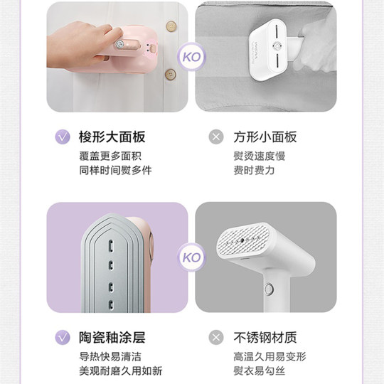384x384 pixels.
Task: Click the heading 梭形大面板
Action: (112, 137)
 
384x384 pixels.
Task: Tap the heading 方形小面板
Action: (265, 137)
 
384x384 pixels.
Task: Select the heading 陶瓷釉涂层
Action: (112, 337)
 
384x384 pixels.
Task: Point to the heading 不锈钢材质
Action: (265, 337)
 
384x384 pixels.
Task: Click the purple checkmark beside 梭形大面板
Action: (63, 137)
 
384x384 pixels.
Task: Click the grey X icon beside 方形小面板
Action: (216, 137)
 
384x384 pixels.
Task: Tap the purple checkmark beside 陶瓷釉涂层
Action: (63, 337)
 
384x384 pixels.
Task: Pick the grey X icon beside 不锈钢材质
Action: (216, 337)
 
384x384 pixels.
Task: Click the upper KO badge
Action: (191, 57)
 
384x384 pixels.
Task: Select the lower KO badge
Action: (191, 257)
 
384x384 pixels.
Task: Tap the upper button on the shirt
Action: (171, 26)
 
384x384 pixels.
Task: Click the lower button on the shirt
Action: (171, 75)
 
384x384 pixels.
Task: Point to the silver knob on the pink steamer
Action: (119, 44)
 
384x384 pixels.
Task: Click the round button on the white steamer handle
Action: (269, 289)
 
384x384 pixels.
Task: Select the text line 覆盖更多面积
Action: (110, 156)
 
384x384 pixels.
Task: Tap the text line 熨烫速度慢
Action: (260, 156)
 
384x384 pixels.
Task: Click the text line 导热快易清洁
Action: (110, 356)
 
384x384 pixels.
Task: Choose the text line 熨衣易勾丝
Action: (260, 370)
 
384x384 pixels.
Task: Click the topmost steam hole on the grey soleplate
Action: (111, 244)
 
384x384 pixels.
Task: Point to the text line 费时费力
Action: (254, 170)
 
